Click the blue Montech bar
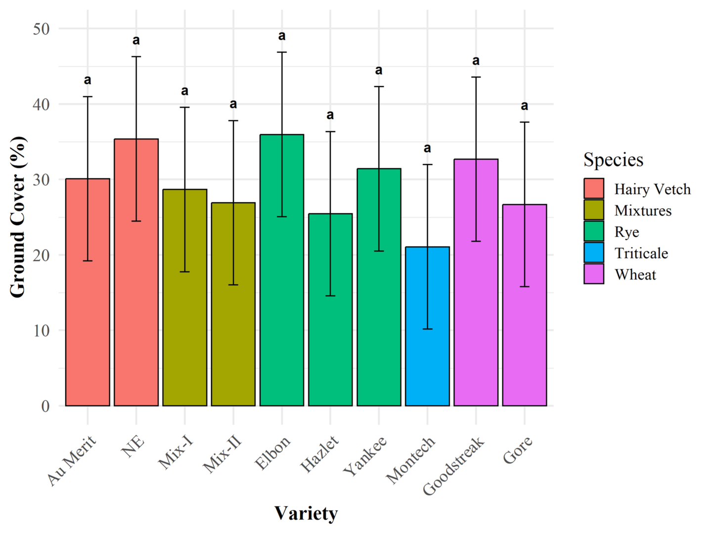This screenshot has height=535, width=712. coord(427,346)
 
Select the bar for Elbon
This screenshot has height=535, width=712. coord(282,297)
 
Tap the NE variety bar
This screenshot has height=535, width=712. coord(136,297)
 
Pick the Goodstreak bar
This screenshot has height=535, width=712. coord(476,307)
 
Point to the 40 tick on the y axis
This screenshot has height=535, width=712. coord(42,104)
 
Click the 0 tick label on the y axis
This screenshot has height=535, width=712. coord(45,406)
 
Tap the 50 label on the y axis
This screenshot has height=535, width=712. coord(42,29)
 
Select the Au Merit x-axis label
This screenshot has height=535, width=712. coord(72,460)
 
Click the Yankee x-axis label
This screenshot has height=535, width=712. coord(365,456)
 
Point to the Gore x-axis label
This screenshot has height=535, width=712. coord(518,449)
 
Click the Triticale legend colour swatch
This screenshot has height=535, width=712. coord(593,253)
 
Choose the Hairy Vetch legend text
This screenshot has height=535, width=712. coord(652,189)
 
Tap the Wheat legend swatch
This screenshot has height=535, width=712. coord(593,274)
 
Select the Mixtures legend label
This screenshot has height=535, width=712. coord(643,211)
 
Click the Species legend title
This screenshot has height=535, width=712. coord(613,160)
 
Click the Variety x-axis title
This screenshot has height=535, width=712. coord(306,513)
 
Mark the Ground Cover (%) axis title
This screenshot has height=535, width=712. coord(18,217)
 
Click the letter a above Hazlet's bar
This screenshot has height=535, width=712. coord(330,115)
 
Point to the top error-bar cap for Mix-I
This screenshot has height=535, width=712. coord(184,107)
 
